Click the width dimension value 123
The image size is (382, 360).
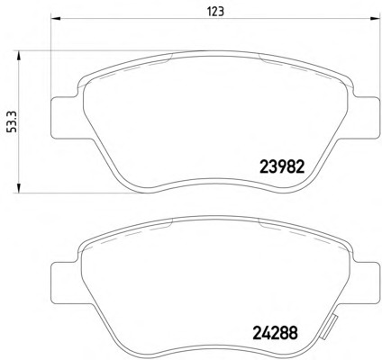pos(215,12)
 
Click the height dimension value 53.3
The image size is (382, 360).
pos(14,121)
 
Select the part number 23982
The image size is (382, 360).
pos(282,166)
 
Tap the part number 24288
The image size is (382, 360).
pos(275,332)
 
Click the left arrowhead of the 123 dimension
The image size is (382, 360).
pos(56,19)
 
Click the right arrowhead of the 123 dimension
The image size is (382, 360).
pos(374,19)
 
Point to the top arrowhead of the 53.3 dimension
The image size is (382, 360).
pos(19,56)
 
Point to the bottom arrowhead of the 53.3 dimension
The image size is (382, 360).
pos(19,188)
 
